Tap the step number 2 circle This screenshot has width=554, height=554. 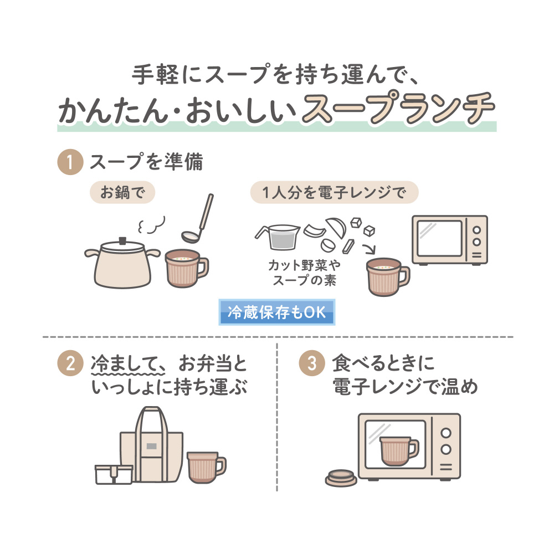click(69, 365)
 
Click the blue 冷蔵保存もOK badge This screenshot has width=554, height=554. click(276, 313)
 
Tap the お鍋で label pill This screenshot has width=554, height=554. click(122, 193)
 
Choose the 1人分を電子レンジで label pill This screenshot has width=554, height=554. click(334, 193)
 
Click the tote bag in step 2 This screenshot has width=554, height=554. click(151, 443)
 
